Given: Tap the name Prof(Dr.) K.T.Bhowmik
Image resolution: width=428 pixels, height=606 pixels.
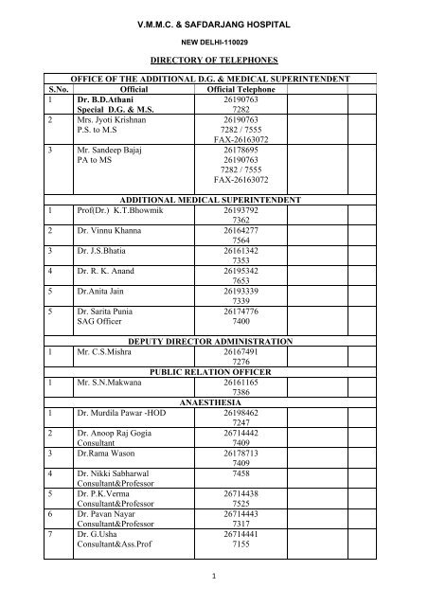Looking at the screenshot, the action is pos(122,212).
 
